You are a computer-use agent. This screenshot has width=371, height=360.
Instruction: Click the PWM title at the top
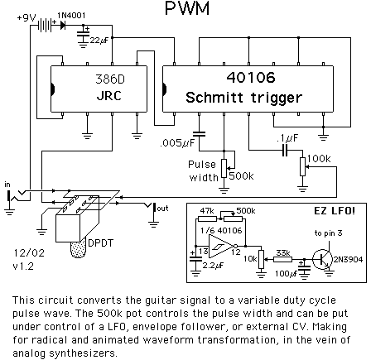click(187, 8)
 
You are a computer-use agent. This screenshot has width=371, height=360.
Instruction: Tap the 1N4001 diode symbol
click(63, 25)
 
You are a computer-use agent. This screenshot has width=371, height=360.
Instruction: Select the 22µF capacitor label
click(99, 41)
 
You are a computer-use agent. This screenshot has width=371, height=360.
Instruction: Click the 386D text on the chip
click(110, 79)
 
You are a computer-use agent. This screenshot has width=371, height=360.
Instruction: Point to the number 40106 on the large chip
click(251, 78)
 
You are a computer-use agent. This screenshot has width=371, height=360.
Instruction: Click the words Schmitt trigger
click(243, 98)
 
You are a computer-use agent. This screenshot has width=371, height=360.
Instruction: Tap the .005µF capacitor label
click(177, 143)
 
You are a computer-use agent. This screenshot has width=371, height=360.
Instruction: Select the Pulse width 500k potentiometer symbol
click(224, 168)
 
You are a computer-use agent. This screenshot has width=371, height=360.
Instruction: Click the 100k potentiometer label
click(319, 158)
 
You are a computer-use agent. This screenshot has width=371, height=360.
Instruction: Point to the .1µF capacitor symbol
click(285, 150)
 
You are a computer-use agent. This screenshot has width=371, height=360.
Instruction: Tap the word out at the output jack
click(162, 208)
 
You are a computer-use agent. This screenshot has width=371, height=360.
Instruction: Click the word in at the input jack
click(7, 185)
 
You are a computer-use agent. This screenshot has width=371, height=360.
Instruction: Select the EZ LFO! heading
click(335, 211)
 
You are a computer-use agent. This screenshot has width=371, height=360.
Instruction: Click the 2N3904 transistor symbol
click(322, 259)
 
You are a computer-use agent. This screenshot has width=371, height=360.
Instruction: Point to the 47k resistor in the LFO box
click(207, 219)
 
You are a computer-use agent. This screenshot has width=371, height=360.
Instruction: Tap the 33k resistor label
click(283, 252)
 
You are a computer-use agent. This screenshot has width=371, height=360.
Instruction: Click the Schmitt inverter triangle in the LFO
click(222, 246)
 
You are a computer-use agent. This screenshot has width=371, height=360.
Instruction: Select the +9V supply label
click(26, 18)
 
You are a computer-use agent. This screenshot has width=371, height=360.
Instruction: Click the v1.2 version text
click(23, 266)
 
